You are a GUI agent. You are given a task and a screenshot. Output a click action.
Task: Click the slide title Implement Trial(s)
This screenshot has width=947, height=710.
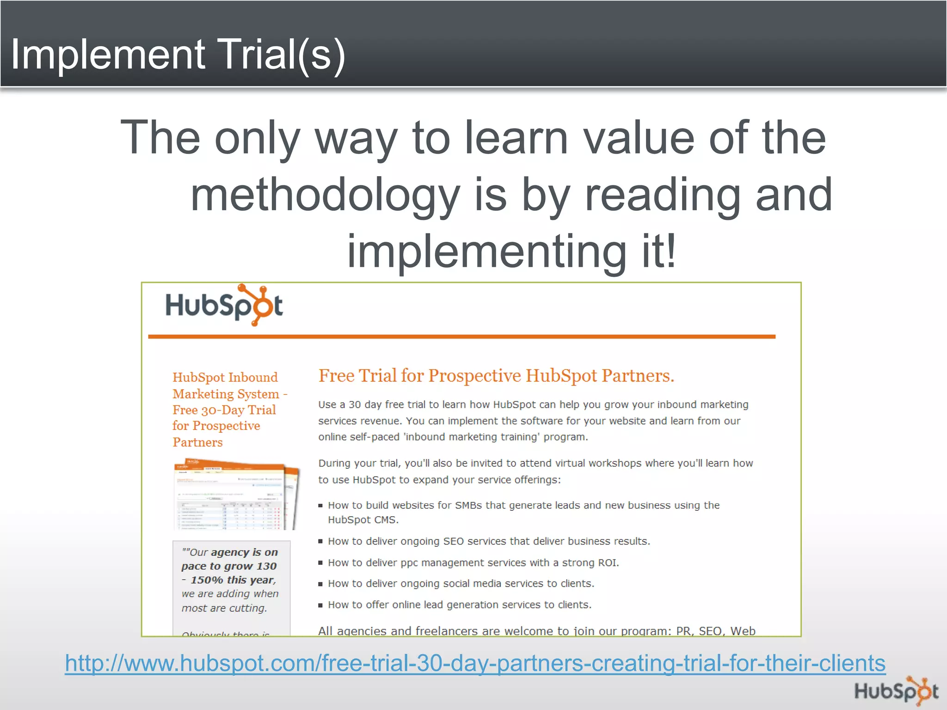[178, 55]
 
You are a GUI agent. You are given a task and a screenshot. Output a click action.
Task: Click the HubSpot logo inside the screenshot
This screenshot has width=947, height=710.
[224, 305]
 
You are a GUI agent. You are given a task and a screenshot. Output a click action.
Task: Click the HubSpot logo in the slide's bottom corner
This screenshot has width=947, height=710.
[896, 691]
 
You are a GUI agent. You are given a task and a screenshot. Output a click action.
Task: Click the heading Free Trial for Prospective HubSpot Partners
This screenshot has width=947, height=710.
[496, 376]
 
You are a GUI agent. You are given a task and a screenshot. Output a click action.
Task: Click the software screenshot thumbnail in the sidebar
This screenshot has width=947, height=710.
[236, 494]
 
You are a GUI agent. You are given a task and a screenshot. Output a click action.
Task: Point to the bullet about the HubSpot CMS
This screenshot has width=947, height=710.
[523, 512]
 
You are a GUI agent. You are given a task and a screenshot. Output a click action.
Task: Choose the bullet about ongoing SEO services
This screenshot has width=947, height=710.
[489, 541]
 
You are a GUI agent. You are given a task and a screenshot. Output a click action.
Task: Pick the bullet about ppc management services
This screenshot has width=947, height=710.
[473, 563]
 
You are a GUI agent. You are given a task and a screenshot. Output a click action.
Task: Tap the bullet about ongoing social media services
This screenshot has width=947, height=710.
[461, 583]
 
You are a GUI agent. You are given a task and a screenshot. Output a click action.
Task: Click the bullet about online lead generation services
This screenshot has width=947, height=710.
[460, 605]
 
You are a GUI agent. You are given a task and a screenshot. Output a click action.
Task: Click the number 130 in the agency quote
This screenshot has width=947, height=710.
[266, 566]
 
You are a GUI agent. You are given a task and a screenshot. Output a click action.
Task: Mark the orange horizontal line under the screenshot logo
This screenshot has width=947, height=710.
[461, 337]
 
